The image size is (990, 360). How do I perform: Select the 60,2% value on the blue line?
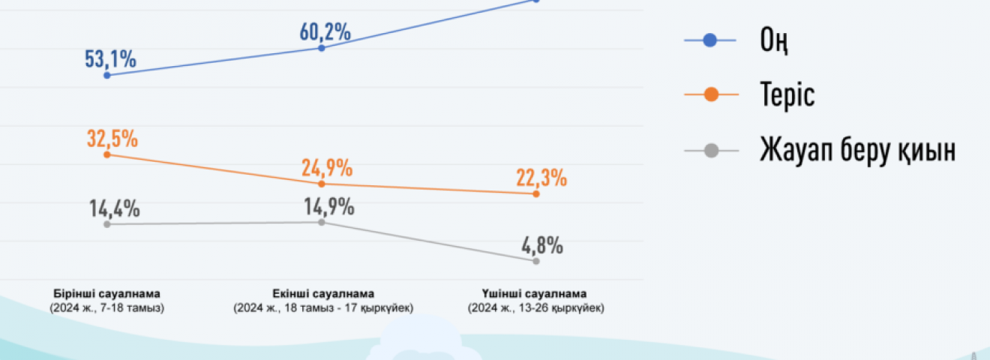(325, 32)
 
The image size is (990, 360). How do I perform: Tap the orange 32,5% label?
(111, 139)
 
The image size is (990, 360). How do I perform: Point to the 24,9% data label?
(326, 168)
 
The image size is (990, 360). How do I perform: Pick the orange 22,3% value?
(541, 178)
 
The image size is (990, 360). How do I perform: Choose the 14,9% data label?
(328, 206)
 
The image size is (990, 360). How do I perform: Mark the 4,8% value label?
(542, 245)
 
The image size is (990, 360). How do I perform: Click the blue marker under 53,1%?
(107, 75)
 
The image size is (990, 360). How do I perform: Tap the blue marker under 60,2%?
(322, 48)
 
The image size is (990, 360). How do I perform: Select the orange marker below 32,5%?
(107, 154)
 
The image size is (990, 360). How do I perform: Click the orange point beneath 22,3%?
(536, 193)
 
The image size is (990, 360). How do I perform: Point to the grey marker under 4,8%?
(536, 261)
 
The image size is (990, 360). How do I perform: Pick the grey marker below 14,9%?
(322, 222)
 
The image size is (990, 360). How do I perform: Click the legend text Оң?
(774, 41)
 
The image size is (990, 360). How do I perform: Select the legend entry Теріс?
(787, 96)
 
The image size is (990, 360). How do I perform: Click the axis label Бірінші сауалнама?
(107, 293)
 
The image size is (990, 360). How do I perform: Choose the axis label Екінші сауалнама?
(323, 293)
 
